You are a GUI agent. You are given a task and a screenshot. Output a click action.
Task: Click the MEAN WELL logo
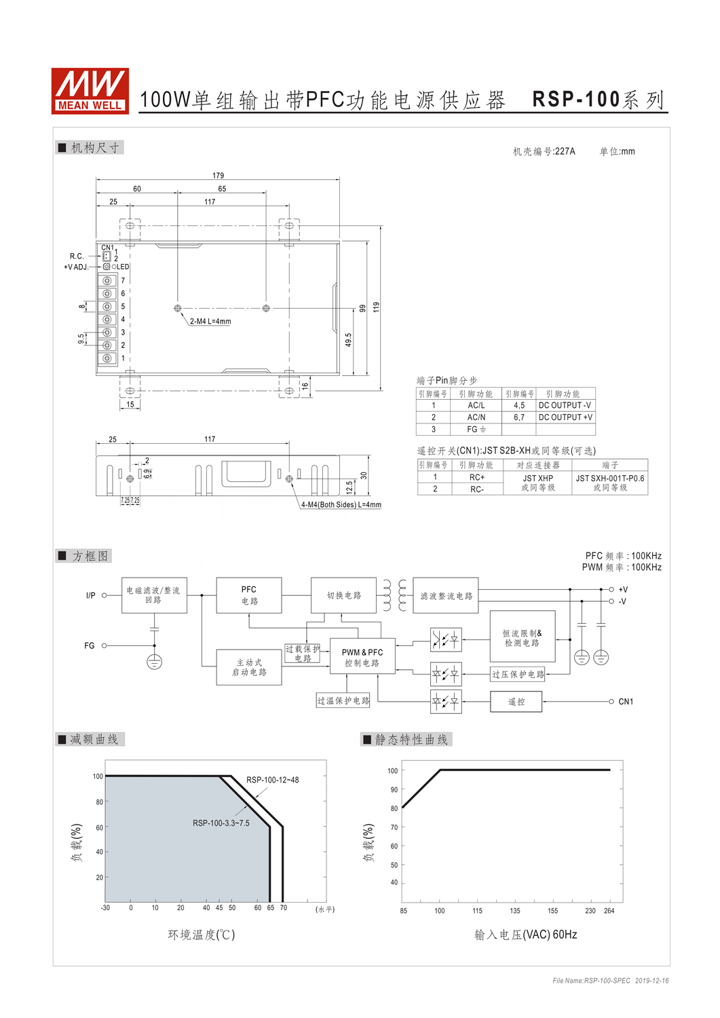point(90,91)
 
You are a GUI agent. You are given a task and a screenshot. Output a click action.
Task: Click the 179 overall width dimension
point(219,175)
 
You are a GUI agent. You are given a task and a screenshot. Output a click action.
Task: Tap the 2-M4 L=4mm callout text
point(210,321)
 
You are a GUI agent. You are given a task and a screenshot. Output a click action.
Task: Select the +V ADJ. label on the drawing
point(76,267)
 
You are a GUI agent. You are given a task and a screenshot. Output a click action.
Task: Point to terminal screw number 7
point(107,280)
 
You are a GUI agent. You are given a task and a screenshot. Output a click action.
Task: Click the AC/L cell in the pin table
point(476,405)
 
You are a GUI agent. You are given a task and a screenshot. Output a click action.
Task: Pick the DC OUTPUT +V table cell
point(565,417)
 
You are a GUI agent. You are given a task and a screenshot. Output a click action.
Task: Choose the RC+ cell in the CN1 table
point(477,477)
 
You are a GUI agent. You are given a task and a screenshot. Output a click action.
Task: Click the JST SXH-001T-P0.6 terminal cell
point(610,483)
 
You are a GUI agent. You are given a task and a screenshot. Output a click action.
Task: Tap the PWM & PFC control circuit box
point(362,658)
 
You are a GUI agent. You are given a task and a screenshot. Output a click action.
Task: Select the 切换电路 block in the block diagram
point(343,595)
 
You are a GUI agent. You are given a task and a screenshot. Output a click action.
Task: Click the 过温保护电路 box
point(343,700)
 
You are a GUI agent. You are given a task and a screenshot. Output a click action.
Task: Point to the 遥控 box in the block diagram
point(516,702)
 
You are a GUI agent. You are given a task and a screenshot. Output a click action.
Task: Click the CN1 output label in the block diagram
point(626,702)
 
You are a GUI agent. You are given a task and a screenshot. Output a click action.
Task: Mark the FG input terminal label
point(89,645)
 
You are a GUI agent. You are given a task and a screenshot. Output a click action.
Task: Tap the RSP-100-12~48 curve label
point(273,780)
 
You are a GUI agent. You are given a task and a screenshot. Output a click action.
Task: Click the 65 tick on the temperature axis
point(271,907)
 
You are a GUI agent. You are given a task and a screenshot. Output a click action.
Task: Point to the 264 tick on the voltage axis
point(609,911)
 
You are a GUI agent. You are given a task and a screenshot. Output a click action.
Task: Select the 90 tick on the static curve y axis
point(394,789)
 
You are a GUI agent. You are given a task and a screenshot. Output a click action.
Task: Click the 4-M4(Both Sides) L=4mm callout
point(341,504)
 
